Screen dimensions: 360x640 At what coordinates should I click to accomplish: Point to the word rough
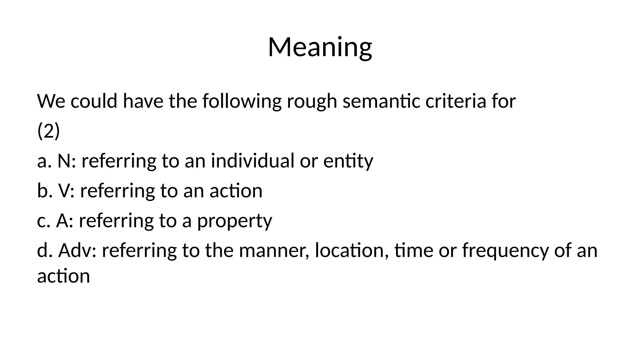312,102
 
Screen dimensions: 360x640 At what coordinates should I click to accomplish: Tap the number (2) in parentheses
48,131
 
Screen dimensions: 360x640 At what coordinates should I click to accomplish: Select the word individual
252,161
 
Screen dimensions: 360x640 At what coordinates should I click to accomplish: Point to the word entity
348,161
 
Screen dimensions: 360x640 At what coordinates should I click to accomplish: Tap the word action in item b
236,191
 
